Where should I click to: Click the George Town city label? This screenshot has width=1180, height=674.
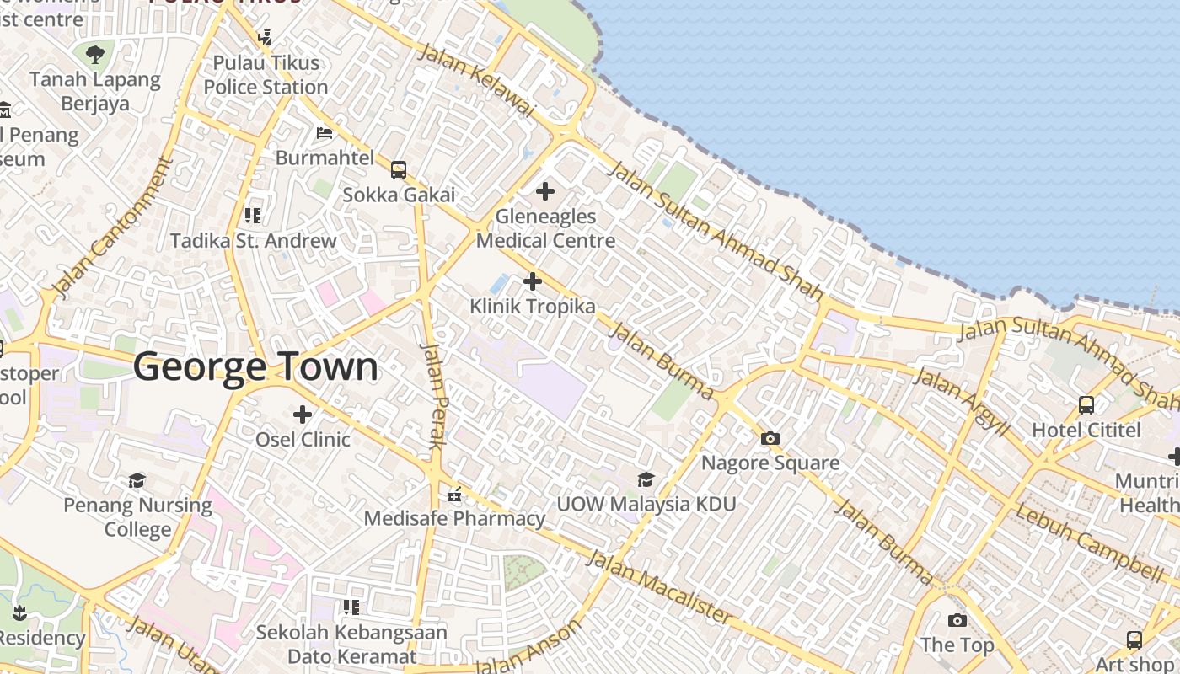255,367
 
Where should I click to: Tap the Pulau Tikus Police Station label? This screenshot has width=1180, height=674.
265,75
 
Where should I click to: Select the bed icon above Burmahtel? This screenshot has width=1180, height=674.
324,132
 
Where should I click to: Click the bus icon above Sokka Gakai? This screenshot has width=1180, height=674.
399,170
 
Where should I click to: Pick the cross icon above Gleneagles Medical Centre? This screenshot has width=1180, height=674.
545,191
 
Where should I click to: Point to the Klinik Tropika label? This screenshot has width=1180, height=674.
533,307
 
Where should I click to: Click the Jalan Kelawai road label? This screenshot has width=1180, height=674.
476,79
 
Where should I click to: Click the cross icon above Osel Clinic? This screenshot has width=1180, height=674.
303,415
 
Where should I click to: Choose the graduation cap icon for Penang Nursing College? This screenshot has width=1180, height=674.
137,480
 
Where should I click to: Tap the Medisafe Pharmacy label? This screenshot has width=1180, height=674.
454,518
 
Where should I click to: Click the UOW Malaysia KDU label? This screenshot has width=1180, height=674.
646,504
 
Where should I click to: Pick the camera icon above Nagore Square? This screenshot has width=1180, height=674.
770,438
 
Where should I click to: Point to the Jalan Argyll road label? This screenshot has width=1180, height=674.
961,402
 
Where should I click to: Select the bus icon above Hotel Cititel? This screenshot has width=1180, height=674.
1086,405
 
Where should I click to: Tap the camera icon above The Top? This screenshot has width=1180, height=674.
957,621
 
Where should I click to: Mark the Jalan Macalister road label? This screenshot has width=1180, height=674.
659,587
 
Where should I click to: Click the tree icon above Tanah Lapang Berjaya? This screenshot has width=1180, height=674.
95,56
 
